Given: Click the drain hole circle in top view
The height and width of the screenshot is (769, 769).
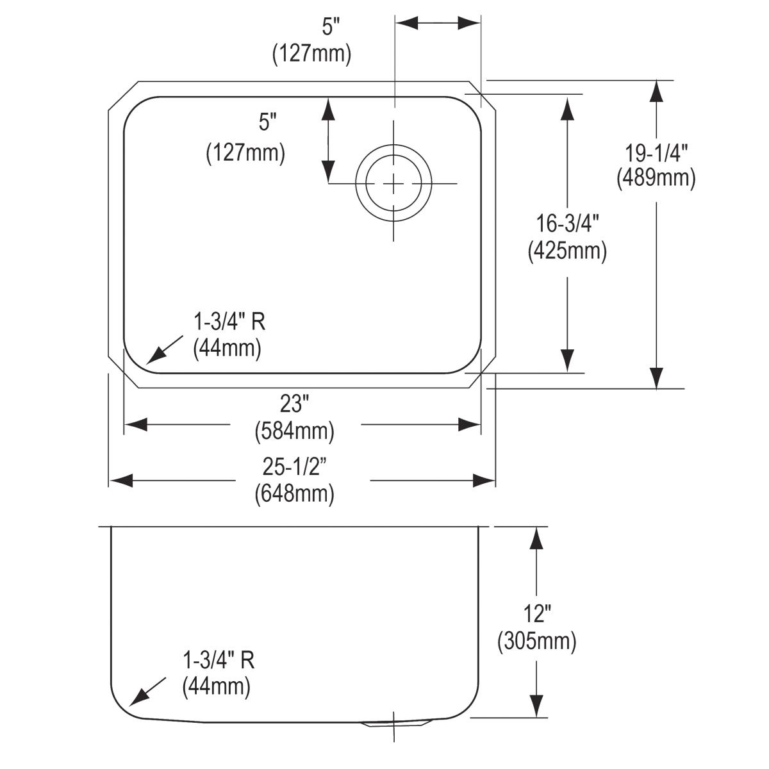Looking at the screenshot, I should click(393, 183).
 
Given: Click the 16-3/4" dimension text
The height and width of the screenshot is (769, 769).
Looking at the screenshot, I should click(567, 225).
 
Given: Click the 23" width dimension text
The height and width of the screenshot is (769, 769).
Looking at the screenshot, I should click(294, 404).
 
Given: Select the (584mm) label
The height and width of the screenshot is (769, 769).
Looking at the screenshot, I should click(294, 431).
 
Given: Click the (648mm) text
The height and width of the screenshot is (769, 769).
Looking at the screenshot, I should click(294, 494).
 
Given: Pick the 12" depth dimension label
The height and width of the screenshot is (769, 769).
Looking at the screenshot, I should click(536, 615).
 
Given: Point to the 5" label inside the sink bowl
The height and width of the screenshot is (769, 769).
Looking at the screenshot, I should click(268, 122).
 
